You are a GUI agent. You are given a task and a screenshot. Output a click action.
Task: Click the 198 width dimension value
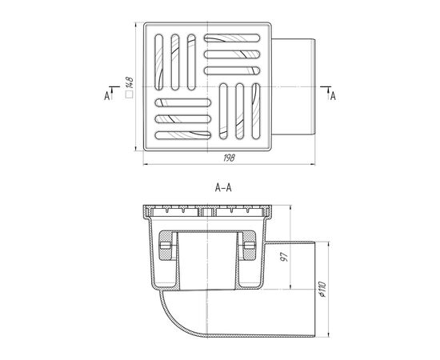tap(229, 158)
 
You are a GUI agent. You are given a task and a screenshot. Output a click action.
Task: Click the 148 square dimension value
tap(130, 82)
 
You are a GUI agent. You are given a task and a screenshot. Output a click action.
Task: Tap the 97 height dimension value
tap(284, 257)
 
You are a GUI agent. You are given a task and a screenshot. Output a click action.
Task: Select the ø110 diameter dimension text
tap(322, 290)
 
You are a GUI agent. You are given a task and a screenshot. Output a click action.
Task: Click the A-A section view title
tap(223, 188)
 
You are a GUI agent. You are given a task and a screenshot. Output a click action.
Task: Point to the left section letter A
tap(106, 96)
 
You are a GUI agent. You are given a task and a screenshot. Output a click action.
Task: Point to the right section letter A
tap(333, 96)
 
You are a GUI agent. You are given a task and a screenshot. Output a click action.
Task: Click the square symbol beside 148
tap(130, 94)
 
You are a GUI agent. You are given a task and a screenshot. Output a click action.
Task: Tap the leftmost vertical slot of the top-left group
tap(159, 62)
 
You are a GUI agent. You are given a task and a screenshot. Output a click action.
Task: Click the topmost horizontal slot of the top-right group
tap(232, 38)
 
